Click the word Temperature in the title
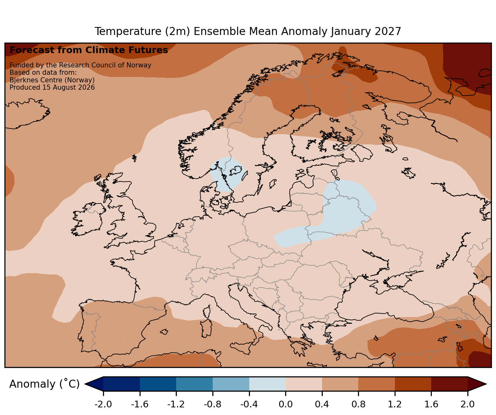[x=128, y=31]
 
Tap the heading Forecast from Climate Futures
[x=89, y=50]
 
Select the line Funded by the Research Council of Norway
[x=80, y=65]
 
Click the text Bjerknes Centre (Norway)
[x=52, y=80]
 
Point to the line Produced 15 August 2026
[x=52, y=87]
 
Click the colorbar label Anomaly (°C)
[x=44, y=384]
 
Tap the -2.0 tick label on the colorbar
[x=103, y=404]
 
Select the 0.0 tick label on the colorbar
[x=286, y=404]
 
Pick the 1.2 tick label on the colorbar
[x=395, y=404]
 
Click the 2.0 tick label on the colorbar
[x=467, y=404]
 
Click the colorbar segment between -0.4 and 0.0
[x=267, y=384]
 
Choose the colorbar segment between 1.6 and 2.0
[x=450, y=384]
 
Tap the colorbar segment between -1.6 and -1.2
[x=158, y=384]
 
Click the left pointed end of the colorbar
[x=85, y=384]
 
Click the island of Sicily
[x=241, y=347]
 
